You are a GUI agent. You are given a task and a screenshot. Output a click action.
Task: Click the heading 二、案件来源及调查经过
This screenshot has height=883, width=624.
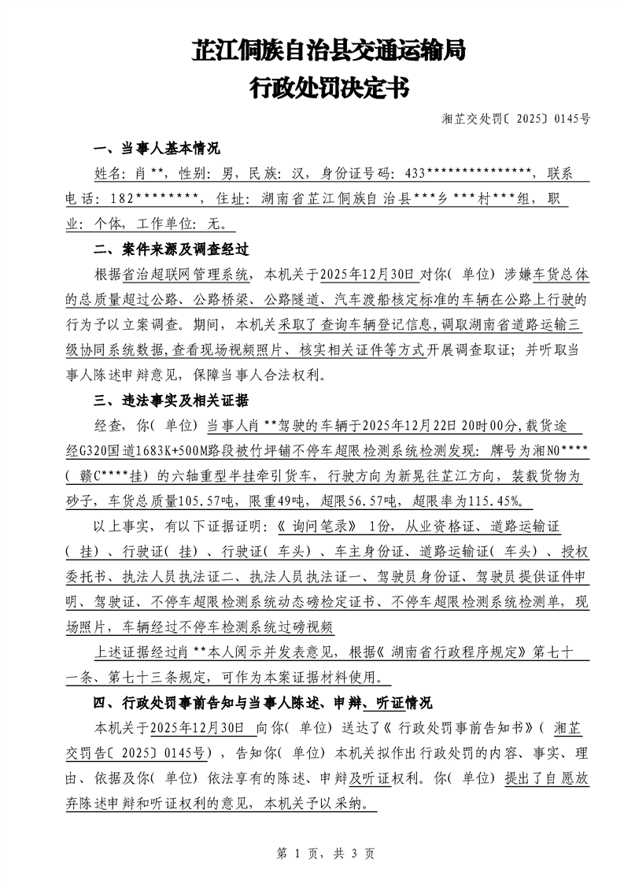pos(172,249)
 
